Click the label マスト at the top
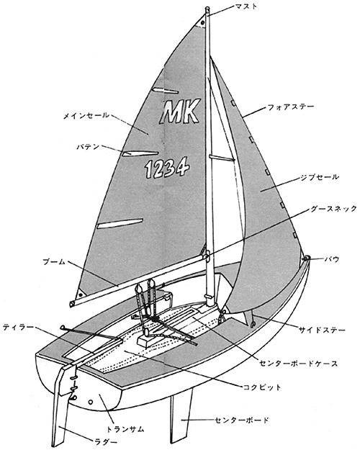point(246,6)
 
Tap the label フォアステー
point(291,107)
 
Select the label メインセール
point(86,116)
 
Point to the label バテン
point(88,147)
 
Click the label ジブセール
point(320,177)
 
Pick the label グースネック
point(333,209)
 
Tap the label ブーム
point(54,262)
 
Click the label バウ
point(332,259)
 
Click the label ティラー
point(18,327)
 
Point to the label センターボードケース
point(299,364)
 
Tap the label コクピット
point(262,387)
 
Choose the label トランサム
point(125,429)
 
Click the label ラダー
point(106,442)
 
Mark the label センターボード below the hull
point(242,420)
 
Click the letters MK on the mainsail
point(180,112)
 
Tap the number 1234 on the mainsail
point(167,167)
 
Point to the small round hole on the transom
point(91,402)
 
